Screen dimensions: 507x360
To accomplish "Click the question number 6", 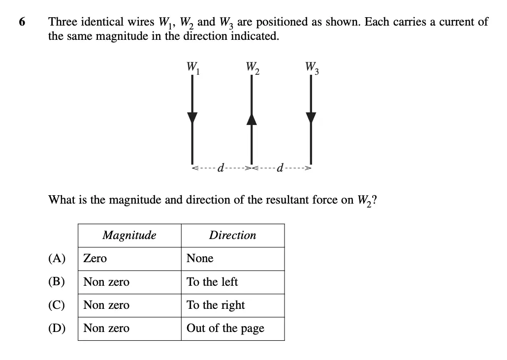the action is tap(22, 22).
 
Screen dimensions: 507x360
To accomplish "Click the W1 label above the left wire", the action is tap(193, 68).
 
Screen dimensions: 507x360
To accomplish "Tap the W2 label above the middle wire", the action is tap(253, 68).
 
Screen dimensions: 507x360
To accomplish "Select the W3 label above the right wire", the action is tap(312, 68).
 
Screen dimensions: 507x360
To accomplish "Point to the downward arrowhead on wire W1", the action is tap(192, 118).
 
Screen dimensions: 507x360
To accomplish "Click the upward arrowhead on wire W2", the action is tap(252, 119).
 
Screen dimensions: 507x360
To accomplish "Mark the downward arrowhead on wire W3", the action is tap(311, 118).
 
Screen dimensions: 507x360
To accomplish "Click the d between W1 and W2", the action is tap(221, 168).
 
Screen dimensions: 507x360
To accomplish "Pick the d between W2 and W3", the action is tap(281, 168).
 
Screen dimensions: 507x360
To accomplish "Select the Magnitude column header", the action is tap(129, 235).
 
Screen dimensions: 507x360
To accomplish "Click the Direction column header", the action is tap(232, 235).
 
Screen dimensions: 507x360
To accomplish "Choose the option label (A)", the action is tap(57, 259).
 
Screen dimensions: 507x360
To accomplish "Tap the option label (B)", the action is tap(57, 282).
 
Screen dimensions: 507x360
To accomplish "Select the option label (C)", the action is tap(57, 305).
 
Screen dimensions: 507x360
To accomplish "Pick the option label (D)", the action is tap(57, 329).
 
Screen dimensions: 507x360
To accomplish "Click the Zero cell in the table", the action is tap(95, 259).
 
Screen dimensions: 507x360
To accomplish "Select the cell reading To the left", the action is tap(212, 282).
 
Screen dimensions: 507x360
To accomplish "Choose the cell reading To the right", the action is tap(216, 305).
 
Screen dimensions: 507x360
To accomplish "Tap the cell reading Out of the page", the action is tap(225, 329).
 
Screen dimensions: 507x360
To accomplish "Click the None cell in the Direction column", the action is tap(200, 259).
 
